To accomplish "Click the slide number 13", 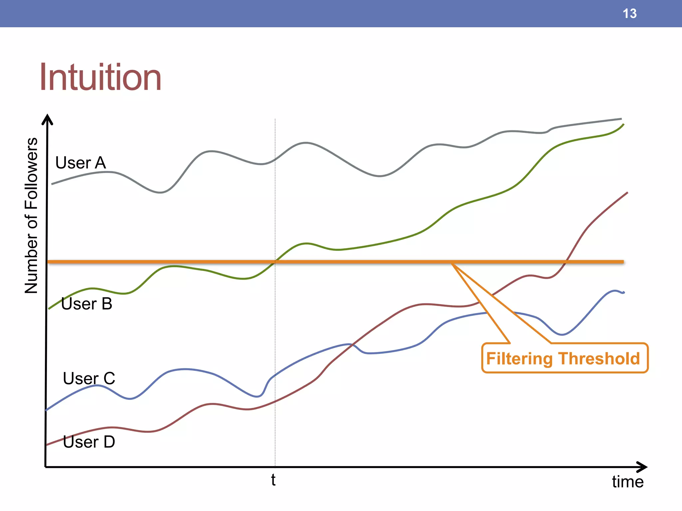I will tap(629, 14).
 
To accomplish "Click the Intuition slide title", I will tap(100, 77).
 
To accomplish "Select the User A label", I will tap(81, 163).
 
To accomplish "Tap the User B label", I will tap(87, 304).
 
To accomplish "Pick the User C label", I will tap(89, 378).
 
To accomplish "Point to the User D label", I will tap(89, 442).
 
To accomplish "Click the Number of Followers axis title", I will tap(31, 216).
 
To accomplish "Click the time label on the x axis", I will tap(627, 482).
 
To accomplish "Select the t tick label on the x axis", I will tap(273, 480).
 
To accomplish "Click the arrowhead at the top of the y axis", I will tap(47, 118).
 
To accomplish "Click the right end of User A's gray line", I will tap(621, 119).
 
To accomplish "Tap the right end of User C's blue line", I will tap(624, 293).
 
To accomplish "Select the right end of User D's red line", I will tap(627, 193).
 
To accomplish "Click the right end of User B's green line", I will tap(623, 124).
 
